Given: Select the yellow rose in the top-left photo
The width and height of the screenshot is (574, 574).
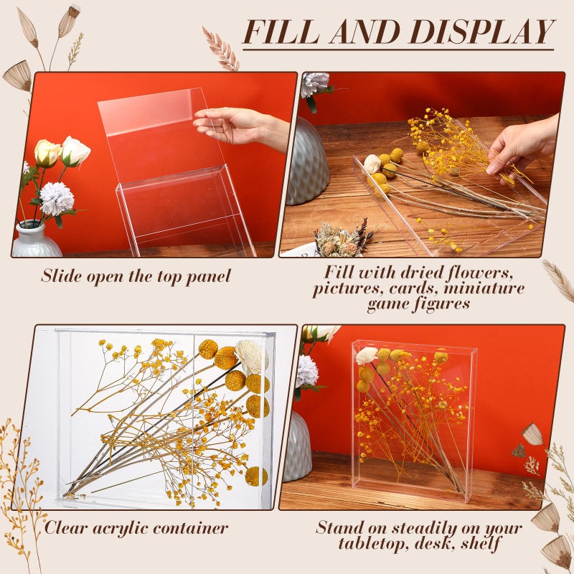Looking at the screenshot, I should click(47, 152).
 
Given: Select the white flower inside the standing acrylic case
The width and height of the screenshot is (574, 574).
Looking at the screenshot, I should click(366, 355).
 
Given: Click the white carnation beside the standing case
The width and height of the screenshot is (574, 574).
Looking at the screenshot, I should click(306, 371).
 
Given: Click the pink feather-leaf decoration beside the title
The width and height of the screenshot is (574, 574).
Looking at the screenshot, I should click(221, 48).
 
